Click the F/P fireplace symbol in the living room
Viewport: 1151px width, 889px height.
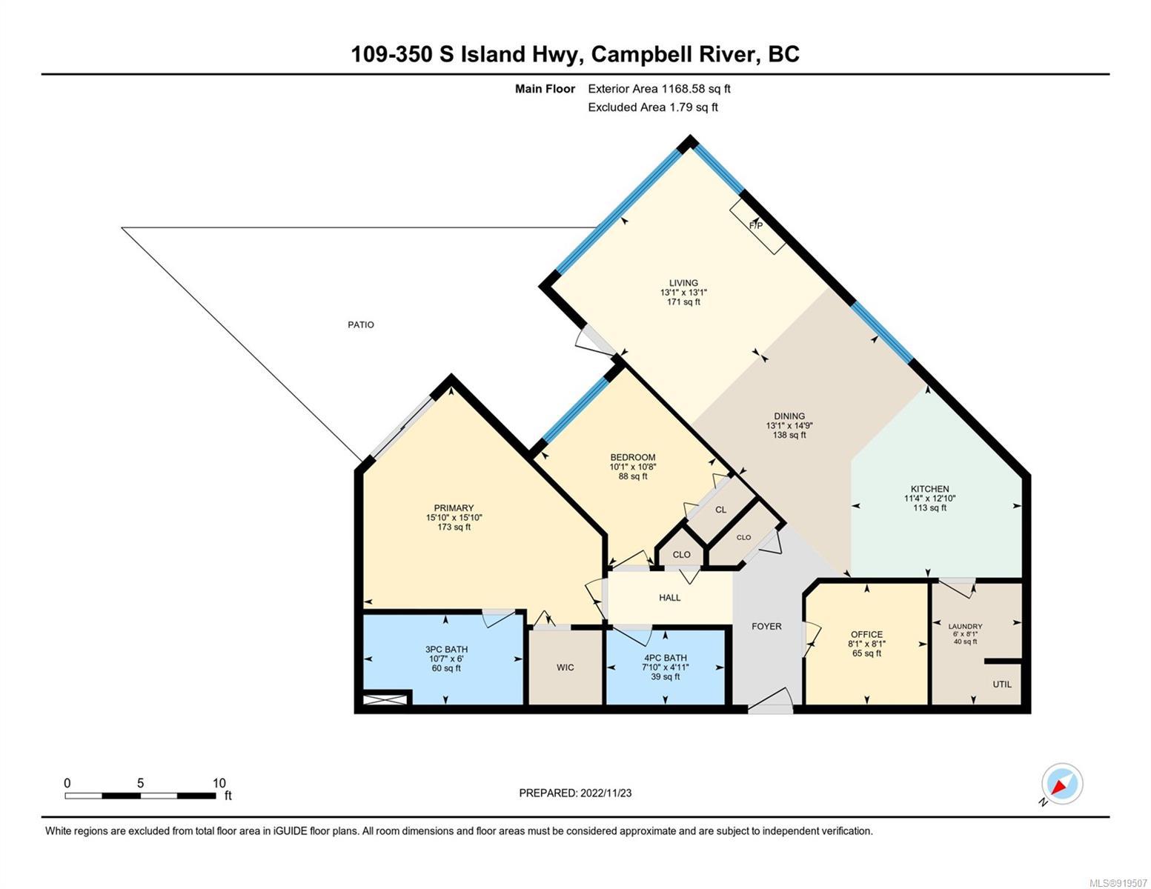pos(757,227)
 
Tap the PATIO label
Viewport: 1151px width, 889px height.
pos(361,324)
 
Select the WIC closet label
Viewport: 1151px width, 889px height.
pos(565,667)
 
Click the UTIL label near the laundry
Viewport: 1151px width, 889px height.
pos(1001,684)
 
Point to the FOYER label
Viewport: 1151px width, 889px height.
pos(766,627)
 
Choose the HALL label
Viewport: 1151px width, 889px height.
pos(669,598)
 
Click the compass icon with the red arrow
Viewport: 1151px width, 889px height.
pos(1062,784)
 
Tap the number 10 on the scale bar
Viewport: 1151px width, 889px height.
pos(219,783)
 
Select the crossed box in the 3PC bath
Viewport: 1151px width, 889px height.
pos(385,700)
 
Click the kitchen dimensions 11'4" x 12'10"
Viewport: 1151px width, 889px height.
pos(929,499)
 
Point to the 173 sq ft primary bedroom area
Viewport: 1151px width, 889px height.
pos(454,527)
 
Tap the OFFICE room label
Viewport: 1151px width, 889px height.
pos(866,634)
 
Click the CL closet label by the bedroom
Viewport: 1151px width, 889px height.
pos(720,510)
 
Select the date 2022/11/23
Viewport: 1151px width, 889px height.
pos(606,793)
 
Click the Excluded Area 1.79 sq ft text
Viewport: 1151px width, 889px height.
pos(652,107)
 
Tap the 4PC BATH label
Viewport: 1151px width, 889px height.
pos(666,658)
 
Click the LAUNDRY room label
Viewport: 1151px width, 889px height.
pos(965,627)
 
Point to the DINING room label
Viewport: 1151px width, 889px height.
pos(789,416)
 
